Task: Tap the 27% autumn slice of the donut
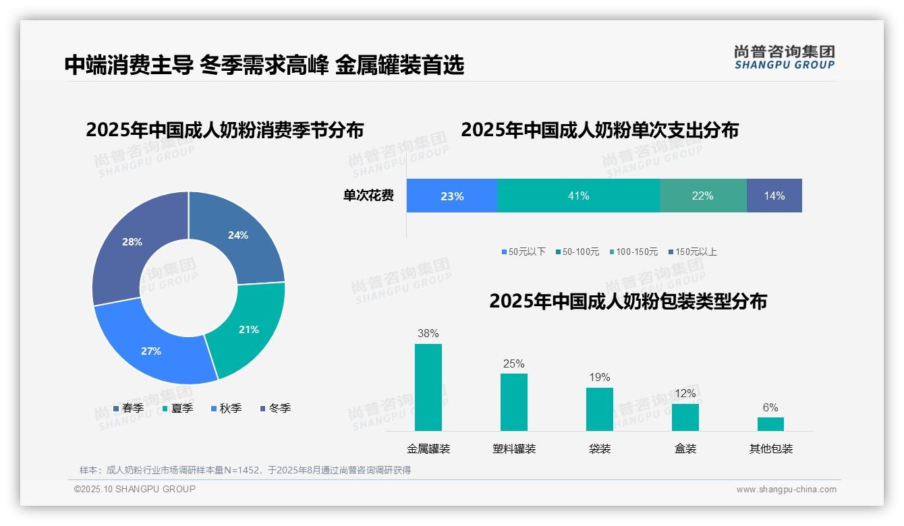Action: click(151, 351)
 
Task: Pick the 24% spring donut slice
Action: click(238, 235)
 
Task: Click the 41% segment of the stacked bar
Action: click(578, 196)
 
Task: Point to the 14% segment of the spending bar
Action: click(774, 196)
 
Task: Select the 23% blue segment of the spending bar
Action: click(451, 196)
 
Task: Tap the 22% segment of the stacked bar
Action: click(702, 196)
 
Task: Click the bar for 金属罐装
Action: click(428, 387)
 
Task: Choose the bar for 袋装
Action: click(599, 409)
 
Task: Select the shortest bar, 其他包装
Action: click(770, 423)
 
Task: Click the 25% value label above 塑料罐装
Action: click(513, 363)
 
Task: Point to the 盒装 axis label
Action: click(685, 448)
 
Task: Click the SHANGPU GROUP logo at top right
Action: click(784, 57)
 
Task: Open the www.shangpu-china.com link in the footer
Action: click(786, 489)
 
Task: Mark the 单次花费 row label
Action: click(368, 196)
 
